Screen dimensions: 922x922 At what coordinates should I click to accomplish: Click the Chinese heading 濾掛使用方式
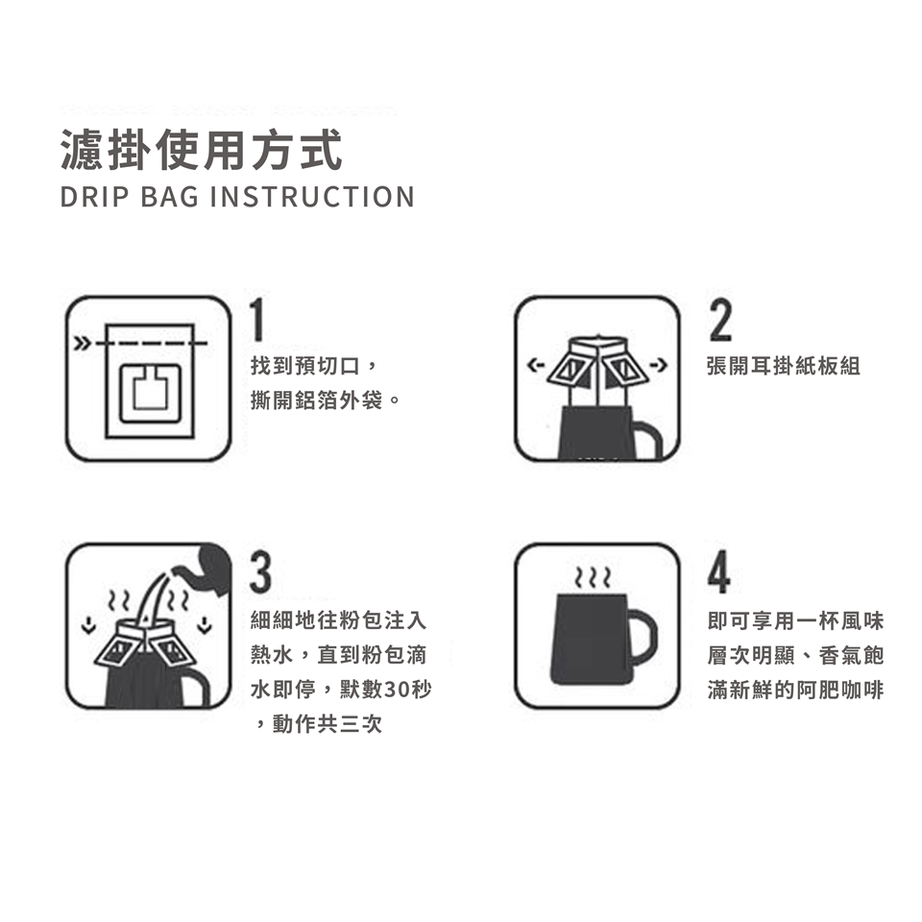(x=202, y=150)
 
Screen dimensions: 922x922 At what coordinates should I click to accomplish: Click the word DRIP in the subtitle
(x=95, y=197)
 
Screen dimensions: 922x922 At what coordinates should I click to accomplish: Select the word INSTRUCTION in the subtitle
(x=312, y=197)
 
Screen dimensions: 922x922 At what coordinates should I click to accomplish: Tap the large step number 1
(x=256, y=320)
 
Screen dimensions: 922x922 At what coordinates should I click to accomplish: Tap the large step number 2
(x=721, y=320)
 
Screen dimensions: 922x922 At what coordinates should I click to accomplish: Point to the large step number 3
(x=260, y=570)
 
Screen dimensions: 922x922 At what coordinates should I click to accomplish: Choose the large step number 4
(x=719, y=570)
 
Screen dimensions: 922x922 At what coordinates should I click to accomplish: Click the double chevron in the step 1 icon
(x=83, y=343)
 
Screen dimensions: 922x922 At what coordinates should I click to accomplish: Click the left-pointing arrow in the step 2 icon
(x=535, y=366)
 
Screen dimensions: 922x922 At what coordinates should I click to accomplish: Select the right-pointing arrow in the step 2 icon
(x=660, y=366)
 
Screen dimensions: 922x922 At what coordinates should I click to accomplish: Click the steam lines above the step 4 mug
(x=593, y=578)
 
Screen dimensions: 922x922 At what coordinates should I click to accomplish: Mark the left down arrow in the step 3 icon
(x=88, y=625)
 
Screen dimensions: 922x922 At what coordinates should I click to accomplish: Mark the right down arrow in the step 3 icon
(x=205, y=625)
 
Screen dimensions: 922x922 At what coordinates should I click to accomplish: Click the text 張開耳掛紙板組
(x=784, y=366)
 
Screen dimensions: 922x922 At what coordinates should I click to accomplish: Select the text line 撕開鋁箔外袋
(x=316, y=400)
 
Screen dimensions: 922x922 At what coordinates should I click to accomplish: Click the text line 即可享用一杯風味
(x=795, y=620)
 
